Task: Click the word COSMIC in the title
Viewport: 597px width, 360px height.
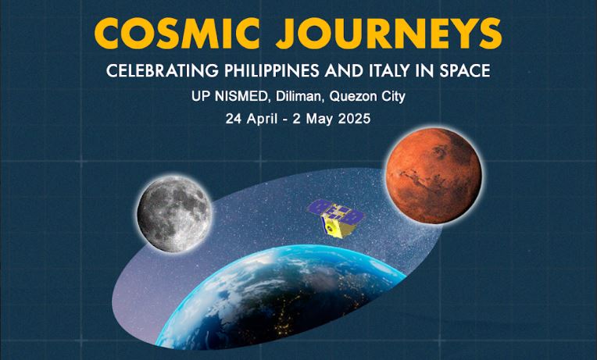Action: coord(177,33)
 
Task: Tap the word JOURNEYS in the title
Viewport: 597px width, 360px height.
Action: coord(388,33)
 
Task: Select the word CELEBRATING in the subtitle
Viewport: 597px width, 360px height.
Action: coord(163,71)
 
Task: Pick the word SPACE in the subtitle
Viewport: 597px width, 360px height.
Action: coord(465,71)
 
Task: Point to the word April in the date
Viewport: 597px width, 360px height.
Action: coord(262,119)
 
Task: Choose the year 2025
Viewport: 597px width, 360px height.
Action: coord(354,119)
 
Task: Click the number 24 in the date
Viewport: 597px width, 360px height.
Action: coord(234,119)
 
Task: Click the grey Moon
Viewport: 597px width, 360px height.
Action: coord(174,213)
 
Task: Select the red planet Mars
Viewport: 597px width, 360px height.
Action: coord(434,176)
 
